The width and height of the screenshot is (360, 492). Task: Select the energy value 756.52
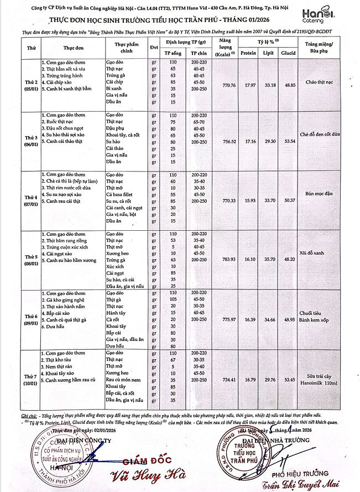[228, 141]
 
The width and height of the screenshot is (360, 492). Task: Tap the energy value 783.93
[228, 258]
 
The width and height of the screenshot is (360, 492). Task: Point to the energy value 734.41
[228, 379]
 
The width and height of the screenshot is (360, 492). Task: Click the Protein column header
[248, 53]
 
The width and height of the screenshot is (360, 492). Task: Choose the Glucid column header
[288, 53]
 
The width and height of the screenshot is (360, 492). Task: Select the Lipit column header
[269, 53]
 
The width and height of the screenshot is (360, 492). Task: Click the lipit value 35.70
[269, 258]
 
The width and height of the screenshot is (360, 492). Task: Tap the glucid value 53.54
[288, 141]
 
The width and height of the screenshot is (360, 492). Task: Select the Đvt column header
[154, 47]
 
